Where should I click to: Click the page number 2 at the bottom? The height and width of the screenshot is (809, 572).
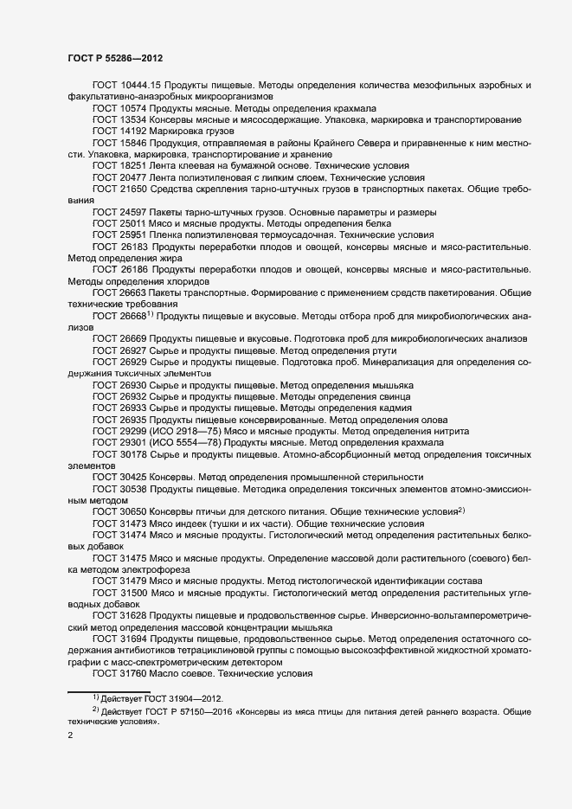pyautogui.click(x=70, y=736)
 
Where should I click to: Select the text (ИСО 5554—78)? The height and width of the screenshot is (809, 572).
pyautogui.click(x=189, y=442)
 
